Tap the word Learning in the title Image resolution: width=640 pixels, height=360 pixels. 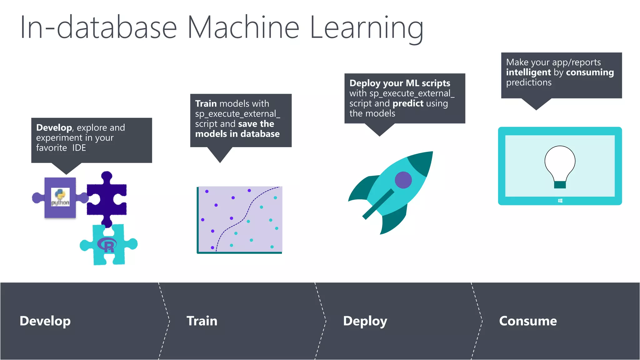click(366, 28)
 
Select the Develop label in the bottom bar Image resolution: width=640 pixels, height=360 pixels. click(45, 321)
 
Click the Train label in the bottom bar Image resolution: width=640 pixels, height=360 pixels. click(202, 321)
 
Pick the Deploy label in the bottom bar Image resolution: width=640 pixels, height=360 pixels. click(365, 321)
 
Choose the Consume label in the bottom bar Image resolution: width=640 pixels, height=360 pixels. click(528, 321)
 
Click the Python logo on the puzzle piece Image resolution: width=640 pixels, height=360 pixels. click(60, 197)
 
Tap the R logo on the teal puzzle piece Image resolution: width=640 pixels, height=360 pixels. click(107, 245)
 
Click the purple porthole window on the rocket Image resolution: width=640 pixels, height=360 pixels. click(403, 180)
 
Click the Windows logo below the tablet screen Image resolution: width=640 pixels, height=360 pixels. click(560, 201)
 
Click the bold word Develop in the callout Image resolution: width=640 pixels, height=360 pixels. click(54, 127)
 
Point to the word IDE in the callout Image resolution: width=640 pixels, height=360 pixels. click(79, 148)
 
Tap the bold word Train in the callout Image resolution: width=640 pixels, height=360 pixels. click(206, 103)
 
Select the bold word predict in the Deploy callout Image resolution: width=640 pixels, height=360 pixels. click(408, 103)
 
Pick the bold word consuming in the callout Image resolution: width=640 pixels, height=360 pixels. click(590, 72)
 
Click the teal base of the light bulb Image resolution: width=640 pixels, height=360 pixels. click(560, 185)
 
